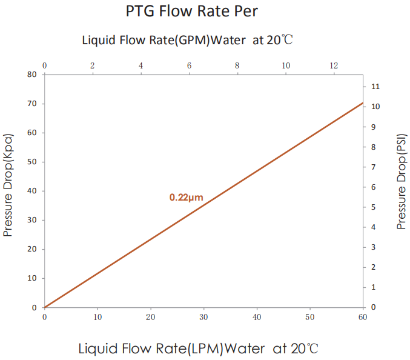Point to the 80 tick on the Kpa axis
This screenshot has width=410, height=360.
pyautogui.click(x=31, y=75)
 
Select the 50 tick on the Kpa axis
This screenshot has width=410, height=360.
pyautogui.click(x=31, y=162)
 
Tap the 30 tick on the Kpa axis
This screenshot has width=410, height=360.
pyautogui.click(x=31, y=220)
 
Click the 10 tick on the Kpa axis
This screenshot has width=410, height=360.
pyautogui.click(x=31, y=278)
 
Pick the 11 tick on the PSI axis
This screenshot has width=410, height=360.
pyautogui.click(x=375, y=87)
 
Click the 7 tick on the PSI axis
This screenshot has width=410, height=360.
pyautogui.click(x=375, y=167)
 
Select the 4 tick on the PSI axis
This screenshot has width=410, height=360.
pyautogui.click(x=375, y=227)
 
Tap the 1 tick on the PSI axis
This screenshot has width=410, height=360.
pyautogui.click(x=375, y=287)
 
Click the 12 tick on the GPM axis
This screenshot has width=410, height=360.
pyautogui.click(x=334, y=65)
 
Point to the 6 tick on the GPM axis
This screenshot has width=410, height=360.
pyautogui.click(x=189, y=65)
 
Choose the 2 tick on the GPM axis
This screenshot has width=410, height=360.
pyautogui.click(x=92, y=65)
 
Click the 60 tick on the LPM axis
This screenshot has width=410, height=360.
pyautogui.click(x=363, y=317)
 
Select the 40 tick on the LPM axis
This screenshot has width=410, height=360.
pyautogui.click(x=257, y=317)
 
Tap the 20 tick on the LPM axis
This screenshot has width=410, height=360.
pyautogui.click(x=150, y=317)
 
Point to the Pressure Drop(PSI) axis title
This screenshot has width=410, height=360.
pyautogui.click(x=401, y=182)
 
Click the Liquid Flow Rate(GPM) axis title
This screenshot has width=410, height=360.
pyautogui.click(x=188, y=41)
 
